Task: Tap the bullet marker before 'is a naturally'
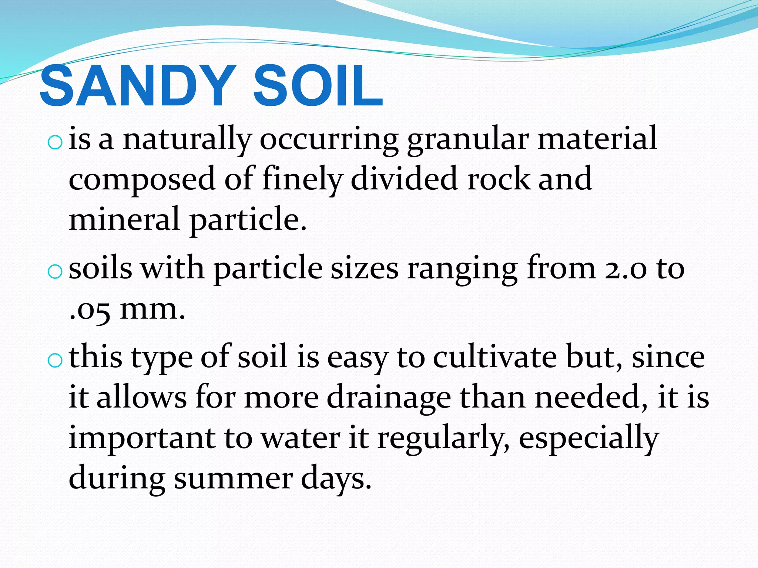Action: pyautogui.click(x=55, y=142)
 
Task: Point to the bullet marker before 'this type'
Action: pyautogui.click(x=55, y=361)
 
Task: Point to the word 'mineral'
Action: pyautogui.click(x=124, y=219)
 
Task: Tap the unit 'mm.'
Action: pyautogui.click(x=152, y=310)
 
